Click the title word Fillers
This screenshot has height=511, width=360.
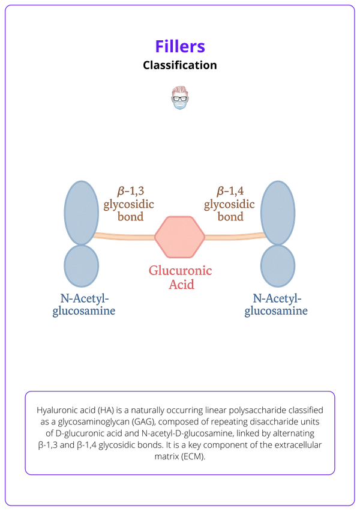180,46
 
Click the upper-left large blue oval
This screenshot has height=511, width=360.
81,213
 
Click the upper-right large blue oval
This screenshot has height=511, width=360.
278,213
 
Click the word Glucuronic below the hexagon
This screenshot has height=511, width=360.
180,271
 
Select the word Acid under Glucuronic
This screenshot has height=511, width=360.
180,285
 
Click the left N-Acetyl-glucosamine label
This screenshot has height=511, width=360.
83,304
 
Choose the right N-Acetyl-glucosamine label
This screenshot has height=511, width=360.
276,304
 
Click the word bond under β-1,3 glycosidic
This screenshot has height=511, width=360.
130,216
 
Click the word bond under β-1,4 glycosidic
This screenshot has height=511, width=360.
230,216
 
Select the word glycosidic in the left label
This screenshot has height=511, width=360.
128,204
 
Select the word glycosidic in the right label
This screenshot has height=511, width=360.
230,204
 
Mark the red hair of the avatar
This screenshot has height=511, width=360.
179,90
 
